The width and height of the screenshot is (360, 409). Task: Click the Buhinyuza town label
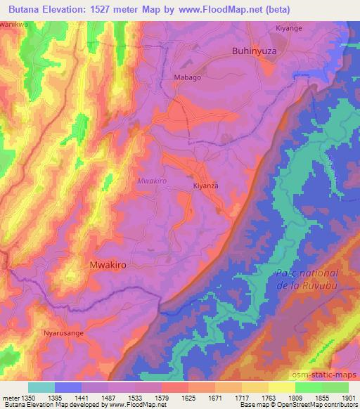[x=256, y=51]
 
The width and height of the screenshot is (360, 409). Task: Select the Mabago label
[x=187, y=78]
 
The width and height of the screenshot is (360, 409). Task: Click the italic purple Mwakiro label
[x=152, y=181]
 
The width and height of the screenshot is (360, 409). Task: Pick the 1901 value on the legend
[x=347, y=398]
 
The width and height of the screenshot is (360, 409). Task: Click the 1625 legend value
[x=188, y=398]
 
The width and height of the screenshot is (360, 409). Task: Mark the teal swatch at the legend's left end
[x=41, y=387]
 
